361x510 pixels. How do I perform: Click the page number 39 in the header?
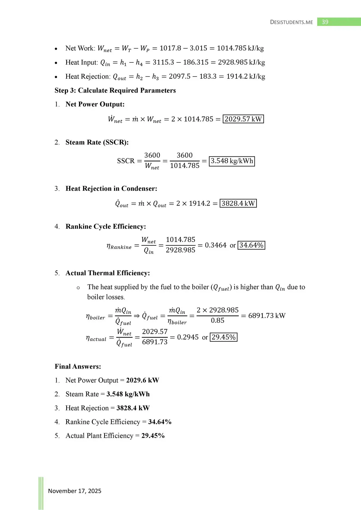coord(325,22)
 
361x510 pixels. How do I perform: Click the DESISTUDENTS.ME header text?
coord(291,22)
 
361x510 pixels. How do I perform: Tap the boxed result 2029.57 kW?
coord(243,119)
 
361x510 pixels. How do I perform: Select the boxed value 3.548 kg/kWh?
coord(232,161)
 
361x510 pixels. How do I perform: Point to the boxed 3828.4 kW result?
coord(238,203)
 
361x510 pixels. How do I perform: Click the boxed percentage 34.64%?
coord(251,245)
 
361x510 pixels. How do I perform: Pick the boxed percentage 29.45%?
coord(224,337)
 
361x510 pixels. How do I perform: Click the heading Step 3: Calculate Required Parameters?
coord(115,90)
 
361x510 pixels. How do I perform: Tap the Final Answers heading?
coord(78,366)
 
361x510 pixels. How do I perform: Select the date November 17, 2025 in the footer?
coord(74,491)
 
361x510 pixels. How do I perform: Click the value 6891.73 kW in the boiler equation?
coord(267,316)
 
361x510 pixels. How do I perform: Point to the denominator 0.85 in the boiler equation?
coord(217,321)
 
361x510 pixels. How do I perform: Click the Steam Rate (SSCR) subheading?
coord(97,142)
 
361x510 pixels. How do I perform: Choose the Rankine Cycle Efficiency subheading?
coord(106,226)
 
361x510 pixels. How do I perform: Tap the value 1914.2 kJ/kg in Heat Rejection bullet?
coord(246,76)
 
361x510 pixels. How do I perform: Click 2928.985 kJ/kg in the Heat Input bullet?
coord(241,62)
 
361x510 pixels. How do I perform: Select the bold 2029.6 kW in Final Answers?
coord(142,380)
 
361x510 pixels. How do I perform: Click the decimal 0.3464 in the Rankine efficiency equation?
coord(216,245)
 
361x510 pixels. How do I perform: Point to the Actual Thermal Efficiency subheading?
coord(108,273)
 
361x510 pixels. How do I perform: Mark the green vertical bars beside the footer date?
coord(41,493)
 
